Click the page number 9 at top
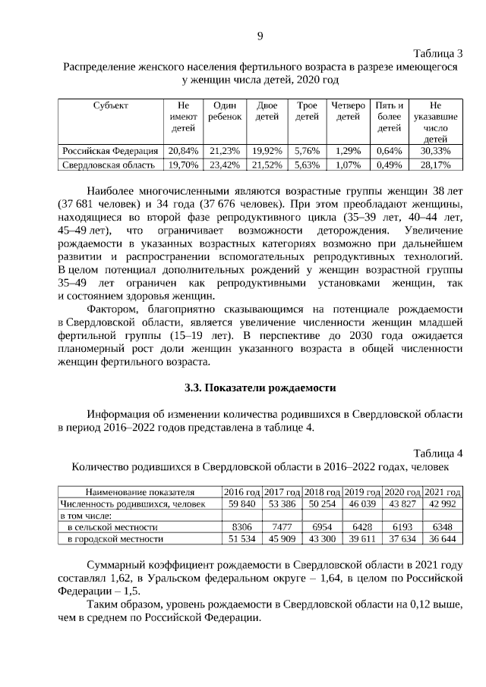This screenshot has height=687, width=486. tap(260, 36)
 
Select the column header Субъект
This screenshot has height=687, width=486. tap(112, 105)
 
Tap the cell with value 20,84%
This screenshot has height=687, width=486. tap(183, 150)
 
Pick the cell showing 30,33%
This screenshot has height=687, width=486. tap(435, 150)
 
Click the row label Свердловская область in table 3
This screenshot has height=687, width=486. tap(109, 164)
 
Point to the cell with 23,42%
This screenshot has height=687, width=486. tap(225, 164)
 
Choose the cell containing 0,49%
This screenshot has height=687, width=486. tap(389, 164)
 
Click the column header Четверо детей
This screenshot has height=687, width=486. tap(348, 111)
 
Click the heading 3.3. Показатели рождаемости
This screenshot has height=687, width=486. tap(260, 387)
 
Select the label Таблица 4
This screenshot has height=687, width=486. tap(438, 453)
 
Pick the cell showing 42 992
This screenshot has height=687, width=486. tap(443, 503)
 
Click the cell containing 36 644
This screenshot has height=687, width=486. tap(443, 539)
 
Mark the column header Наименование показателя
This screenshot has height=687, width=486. tap(140, 491)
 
